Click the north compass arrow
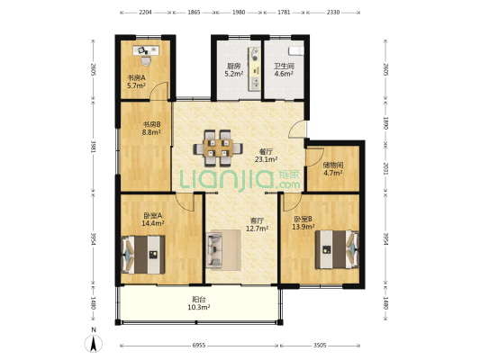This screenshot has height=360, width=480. pos(94,343)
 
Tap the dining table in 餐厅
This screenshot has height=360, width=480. pos(218,148)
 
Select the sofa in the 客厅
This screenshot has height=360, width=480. pos(214,250)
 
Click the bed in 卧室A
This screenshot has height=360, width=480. pos(143,255)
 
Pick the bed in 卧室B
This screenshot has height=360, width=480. pos(337,249)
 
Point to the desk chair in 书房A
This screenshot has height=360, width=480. pos(146,60)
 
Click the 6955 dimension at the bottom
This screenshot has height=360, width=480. pos(199,346)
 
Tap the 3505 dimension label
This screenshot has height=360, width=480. pos(320,346)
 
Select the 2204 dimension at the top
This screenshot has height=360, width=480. pos(145,13)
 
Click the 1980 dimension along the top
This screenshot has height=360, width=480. pos(239,13)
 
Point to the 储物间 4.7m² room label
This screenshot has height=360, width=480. pos(333,169)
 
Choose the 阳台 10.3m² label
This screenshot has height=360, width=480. pos(199,303)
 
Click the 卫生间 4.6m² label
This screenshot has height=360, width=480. pos(284,69)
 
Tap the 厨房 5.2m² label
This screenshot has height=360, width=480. pos(233,69)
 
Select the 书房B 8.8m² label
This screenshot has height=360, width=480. pos(151,129)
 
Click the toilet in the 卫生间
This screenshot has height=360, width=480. pos(296,50)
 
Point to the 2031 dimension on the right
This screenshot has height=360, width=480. pos(385,169)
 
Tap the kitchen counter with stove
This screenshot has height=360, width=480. pos(254,68)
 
